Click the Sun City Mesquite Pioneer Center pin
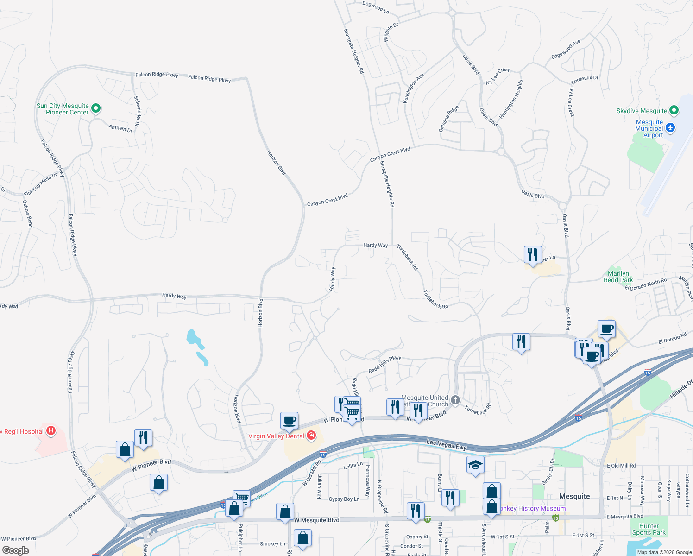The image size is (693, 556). (x=96, y=109)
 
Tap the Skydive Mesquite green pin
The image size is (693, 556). (x=674, y=110)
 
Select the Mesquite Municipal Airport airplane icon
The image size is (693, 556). (x=670, y=127)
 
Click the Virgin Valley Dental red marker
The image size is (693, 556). (x=311, y=435)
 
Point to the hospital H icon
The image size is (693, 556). (x=51, y=431)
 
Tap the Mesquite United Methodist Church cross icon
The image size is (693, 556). (x=455, y=400)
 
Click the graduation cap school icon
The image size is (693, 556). (x=475, y=465)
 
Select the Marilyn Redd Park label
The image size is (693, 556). (x=618, y=277)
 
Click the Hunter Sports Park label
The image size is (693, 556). (x=649, y=529)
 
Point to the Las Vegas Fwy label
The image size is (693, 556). (x=446, y=445)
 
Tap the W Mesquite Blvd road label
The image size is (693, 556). (x=317, y=520)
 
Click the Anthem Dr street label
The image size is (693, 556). (x=120, y=128)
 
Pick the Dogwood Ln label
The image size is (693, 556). (x=375, y=6)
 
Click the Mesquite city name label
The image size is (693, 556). (x=574, y=496)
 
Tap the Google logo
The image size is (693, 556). (x=16, y=550)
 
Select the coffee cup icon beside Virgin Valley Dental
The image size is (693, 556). (x=289, y=421)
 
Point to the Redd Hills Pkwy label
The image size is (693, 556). (x=384, y=364)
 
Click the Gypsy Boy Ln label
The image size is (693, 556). (x=344, y=499)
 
